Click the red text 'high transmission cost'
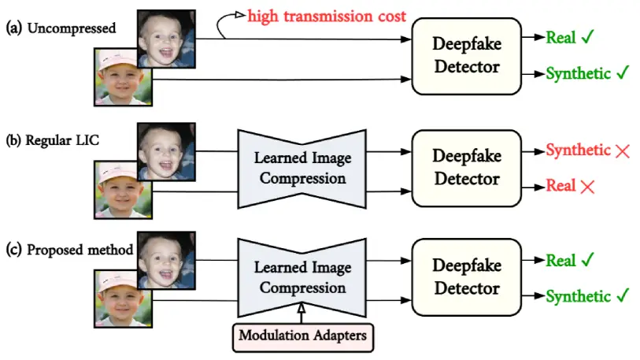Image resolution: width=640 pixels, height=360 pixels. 327,17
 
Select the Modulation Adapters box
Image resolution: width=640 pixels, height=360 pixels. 303,337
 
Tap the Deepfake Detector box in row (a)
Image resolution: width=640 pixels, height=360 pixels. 467,57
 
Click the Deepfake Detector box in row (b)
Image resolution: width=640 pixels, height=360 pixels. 467,168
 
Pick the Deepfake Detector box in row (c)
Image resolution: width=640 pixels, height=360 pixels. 467,277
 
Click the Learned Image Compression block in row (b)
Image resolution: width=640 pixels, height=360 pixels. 302,169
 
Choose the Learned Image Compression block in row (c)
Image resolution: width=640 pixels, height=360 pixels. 302,278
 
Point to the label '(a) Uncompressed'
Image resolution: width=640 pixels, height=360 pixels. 61,28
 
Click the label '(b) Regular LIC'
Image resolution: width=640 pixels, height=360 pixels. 52,140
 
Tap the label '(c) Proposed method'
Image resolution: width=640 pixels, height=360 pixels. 69,250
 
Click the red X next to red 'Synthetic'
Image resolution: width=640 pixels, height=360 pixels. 623,151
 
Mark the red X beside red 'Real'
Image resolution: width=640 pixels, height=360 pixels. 587,187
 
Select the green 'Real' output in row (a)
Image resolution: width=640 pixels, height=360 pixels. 561,38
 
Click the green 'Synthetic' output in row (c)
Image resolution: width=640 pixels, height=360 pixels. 579,297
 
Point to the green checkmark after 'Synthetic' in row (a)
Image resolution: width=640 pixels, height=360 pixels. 623,72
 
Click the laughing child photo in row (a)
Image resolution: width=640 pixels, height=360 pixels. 167,39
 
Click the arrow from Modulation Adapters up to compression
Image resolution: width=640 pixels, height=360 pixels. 302,313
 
